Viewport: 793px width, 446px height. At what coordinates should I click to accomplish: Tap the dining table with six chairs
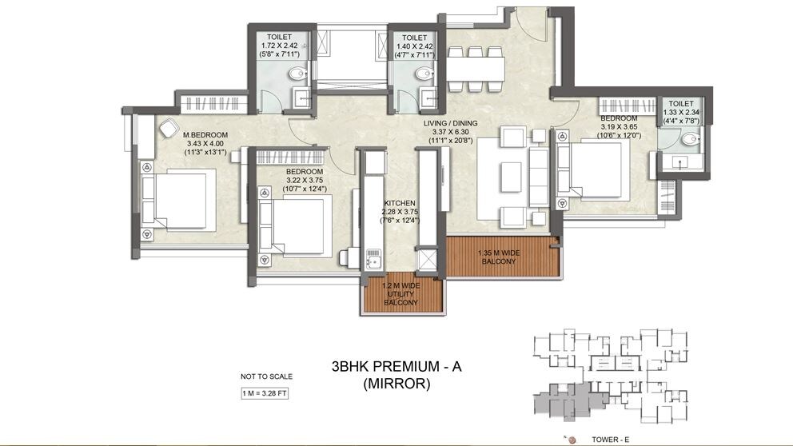pos(476,69)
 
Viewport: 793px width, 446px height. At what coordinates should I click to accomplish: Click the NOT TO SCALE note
pos(267,376)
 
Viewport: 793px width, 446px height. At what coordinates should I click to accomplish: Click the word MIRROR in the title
pos(396,384)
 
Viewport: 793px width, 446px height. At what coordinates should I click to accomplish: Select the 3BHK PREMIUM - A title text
pos(396,367)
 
